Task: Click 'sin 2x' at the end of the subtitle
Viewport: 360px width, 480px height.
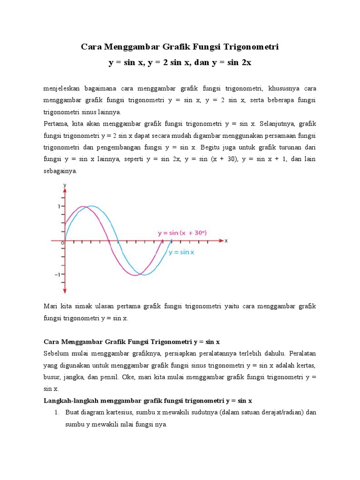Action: click(240, 62)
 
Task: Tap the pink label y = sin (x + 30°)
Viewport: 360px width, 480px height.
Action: click(182, 232)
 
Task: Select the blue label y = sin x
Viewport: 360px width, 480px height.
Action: click(181, 252)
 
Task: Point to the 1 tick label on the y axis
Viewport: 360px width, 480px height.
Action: click(59, 206)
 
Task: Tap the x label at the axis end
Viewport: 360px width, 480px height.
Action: click(226, 240)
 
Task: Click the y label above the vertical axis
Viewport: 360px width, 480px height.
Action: click(65, 186)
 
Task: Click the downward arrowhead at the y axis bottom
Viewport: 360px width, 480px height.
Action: click(65, 290)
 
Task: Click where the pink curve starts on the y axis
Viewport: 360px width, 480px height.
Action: click(65, 224)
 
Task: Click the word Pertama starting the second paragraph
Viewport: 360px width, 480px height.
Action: click(56, 124)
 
